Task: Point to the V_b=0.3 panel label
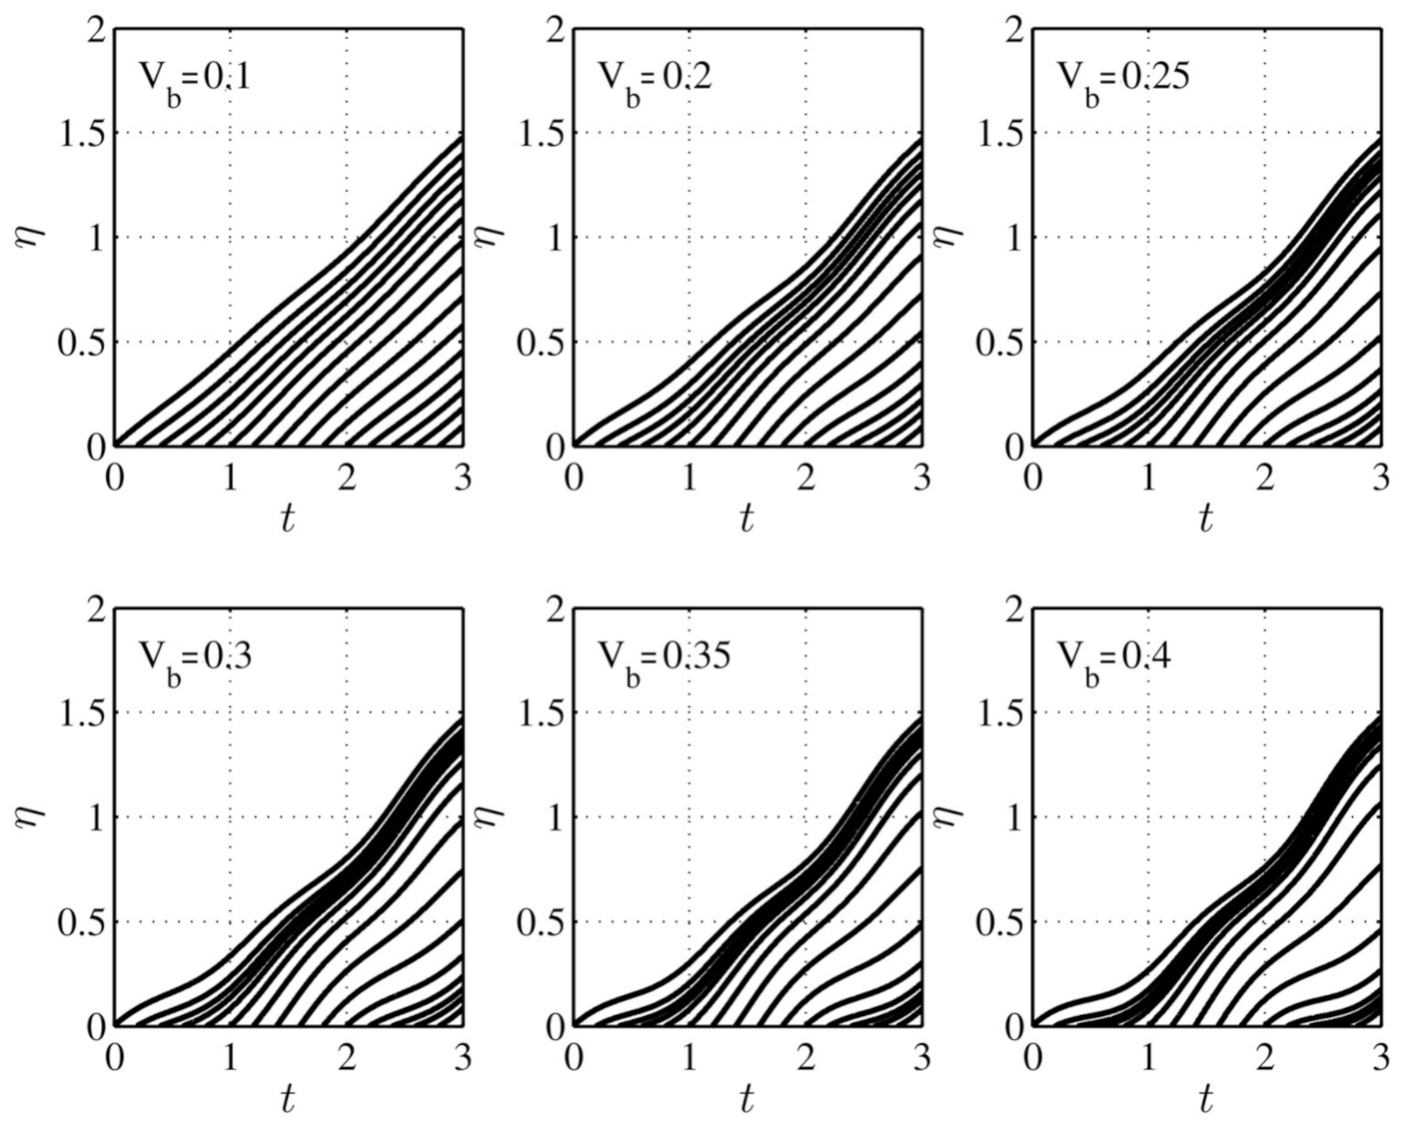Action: tap(193, 659)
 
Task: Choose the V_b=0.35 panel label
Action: tap(664, 659)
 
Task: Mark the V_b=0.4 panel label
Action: tap(1114, 659)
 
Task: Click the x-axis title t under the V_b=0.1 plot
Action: tap(288, 520)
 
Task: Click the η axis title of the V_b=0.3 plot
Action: tap(30, 817)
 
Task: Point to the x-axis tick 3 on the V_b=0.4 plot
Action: tap(1381, 1057)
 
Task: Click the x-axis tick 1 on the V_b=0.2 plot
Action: tap(690, 478)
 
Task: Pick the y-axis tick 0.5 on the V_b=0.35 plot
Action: tap(541, 921)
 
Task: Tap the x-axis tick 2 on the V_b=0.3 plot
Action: tap(347, 1057)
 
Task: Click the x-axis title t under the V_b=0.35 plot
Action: tap(746, 1099)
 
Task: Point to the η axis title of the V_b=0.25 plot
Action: tap(949, 238)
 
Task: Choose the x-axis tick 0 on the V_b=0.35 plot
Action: tap(574, 1057)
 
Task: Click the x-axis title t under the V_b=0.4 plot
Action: tap(1206, 1099)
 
